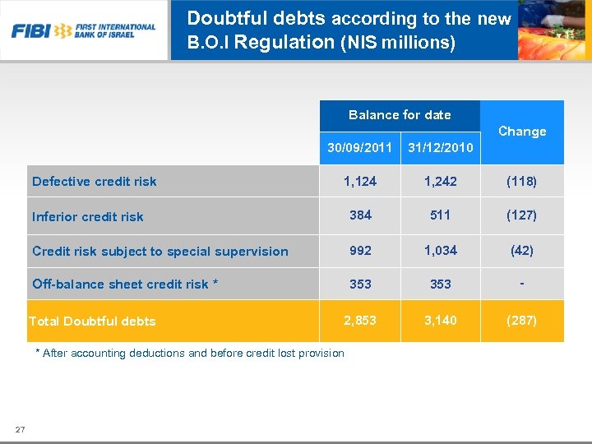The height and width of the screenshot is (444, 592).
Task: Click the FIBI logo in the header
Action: pyautogui.click(x=83, y=31)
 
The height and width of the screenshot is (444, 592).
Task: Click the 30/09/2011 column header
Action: pyautogui.click(x=359, y=148)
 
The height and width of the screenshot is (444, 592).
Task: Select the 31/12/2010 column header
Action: pyautogui.click(x=441, y=148)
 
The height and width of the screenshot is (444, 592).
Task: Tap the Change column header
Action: pyautogui.click(x=522, y=132)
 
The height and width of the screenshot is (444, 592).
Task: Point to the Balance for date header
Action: pyautogui.click(x=400, y=115)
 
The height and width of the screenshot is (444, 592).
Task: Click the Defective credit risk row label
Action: pyautogui.click(x=94, y=182)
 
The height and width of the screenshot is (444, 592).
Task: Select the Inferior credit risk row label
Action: pyautogui.click(x=87, y=217)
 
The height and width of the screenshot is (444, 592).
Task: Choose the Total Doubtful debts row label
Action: pyautogui.click(x=92, y=321)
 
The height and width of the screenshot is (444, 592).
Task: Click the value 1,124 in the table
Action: pyautogui.click(x=360, y=181)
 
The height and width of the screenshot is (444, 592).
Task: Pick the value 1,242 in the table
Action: pyautogui.click(x=441, y=181)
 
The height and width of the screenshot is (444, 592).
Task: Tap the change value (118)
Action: pyautogui.click(x=522, y=181)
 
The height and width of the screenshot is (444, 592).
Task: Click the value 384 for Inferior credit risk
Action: pyautogui.click(x=360, y=215)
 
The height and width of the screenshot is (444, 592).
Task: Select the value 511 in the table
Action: pyautogui.click(x=441, y=215)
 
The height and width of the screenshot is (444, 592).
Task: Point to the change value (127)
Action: pyautogui.click(x=522, y=215)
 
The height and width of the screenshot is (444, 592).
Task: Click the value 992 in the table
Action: pyautogui.click(x=360, y=251)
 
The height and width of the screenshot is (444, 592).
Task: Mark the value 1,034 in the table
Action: pyautogui.click(x=441, y=251)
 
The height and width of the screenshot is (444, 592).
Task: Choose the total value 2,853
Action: pyautogui.click(x=360, y=320)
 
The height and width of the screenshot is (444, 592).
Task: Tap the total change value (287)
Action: pyautogui.click(x=522, y=320)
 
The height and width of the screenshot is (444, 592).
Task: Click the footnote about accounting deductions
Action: pyautogui.click(x=190, y=354)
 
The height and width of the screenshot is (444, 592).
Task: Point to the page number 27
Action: pyautogui.click(x=21, y=429)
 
